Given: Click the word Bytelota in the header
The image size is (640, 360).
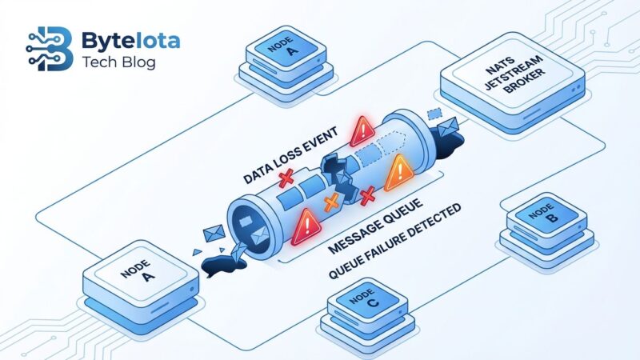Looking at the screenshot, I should coord(130,40).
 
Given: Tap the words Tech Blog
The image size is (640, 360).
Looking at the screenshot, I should coord(119,63).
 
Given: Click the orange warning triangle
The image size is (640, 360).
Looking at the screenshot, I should coord(398,171).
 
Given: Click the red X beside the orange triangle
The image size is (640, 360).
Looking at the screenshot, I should coord(367,195).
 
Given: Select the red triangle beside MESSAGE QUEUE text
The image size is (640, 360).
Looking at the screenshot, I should coord(306,228).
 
